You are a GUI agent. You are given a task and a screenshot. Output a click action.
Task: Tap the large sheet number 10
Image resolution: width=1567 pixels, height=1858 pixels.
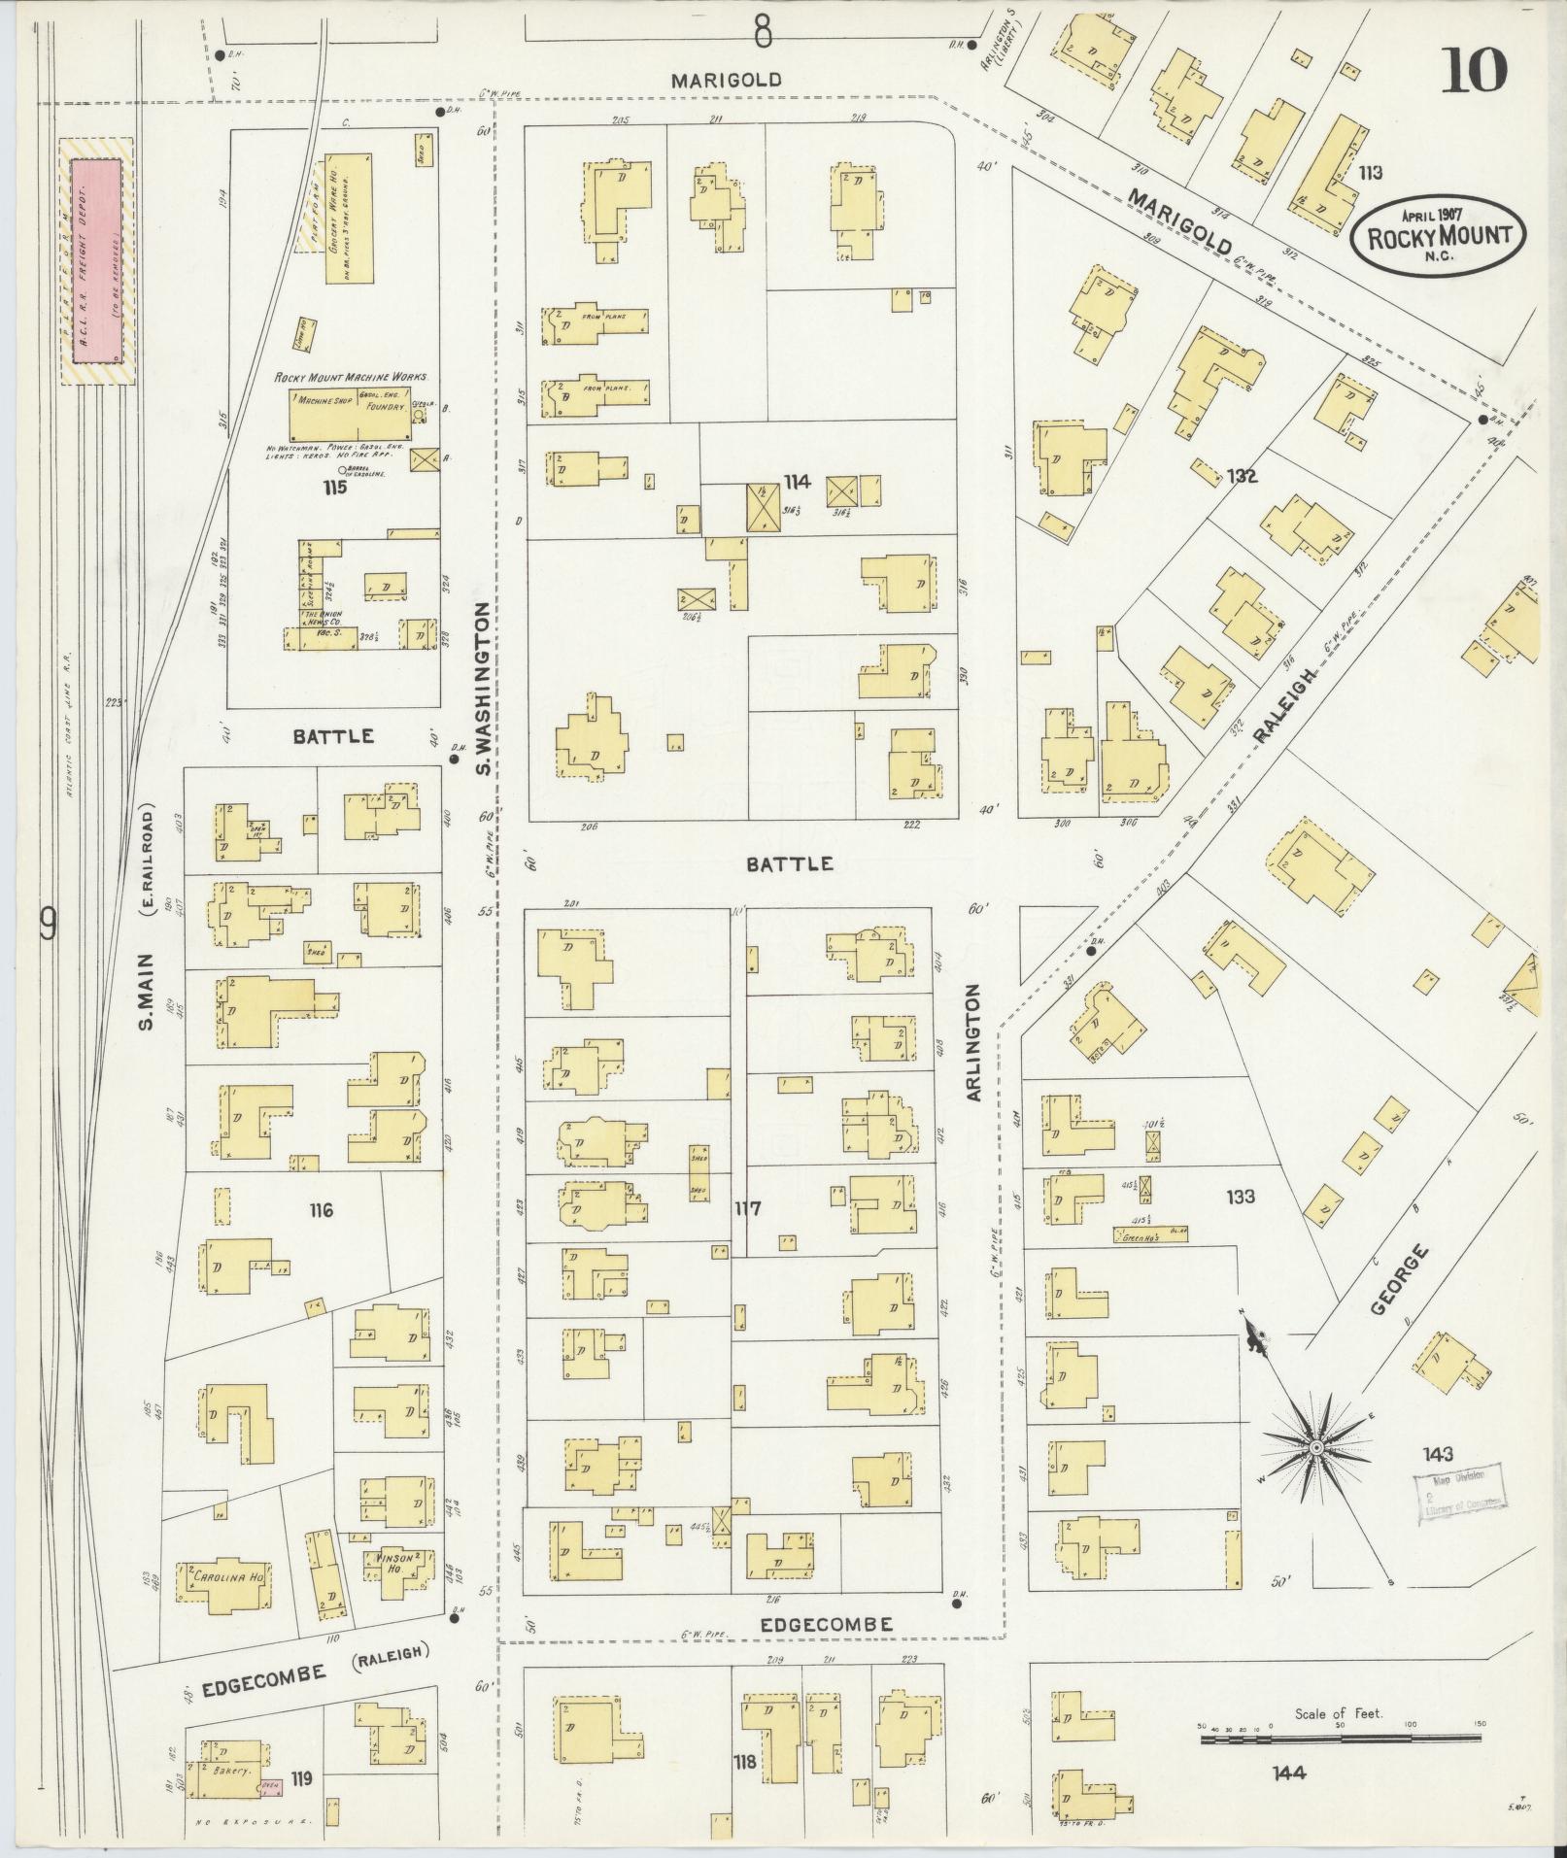[1473, 71]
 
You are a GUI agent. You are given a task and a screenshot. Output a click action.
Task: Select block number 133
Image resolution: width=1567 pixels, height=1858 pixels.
[1240, 1197]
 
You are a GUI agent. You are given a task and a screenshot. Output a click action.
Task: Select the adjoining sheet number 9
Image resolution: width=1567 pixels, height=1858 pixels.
[46, 925]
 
